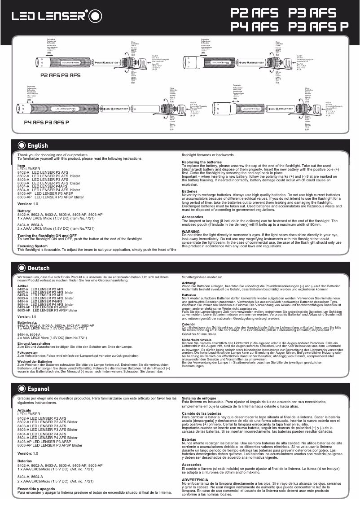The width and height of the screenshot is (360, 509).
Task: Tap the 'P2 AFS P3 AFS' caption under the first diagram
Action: [61, 75]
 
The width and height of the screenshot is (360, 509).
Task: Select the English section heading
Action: [37, 145]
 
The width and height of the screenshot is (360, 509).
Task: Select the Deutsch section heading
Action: [38, 268]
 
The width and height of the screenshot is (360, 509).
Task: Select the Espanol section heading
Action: [38, 389]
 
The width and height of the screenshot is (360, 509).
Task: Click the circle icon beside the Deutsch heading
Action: [21, 268]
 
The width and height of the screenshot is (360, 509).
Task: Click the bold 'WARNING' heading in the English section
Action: [190, 231]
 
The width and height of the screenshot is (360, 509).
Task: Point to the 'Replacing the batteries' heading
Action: [202, 162]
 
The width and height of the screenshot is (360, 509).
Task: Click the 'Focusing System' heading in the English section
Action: [32, 246]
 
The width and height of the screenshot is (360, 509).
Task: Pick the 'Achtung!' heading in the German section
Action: [189, 283]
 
